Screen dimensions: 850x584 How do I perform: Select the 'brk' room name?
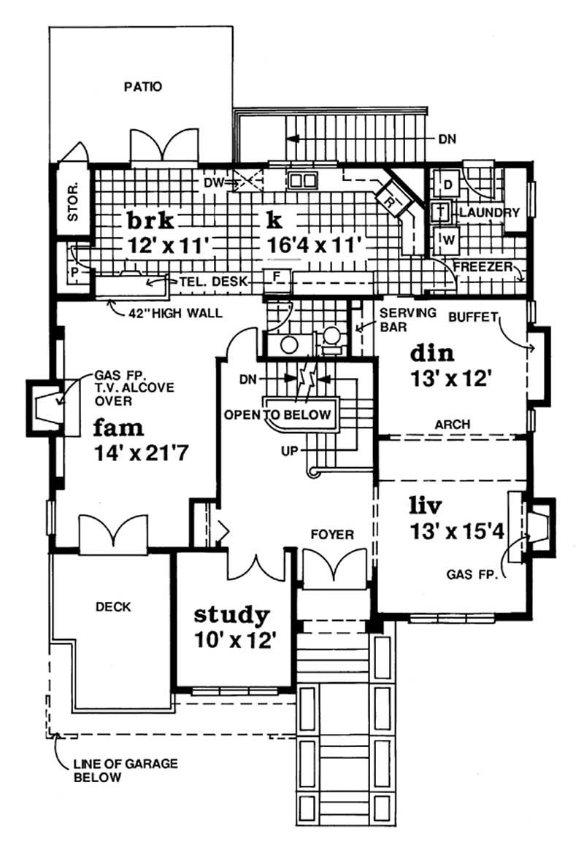click(150, 222)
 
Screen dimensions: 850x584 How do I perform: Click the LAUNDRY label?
click(488, 213)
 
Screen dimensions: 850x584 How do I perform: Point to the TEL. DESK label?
click(212, 280)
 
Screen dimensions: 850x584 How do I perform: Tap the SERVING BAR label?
click(407, 320)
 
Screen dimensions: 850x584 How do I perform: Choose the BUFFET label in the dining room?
click(472, 317)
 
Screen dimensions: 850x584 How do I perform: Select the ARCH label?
click(451, 425)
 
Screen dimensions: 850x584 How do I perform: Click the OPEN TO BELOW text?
click(277, 414)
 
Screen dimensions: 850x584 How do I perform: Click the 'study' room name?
click(231, 614)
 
